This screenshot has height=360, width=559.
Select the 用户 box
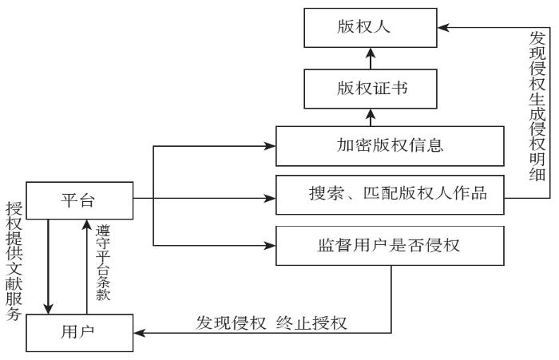[x=77, y=331]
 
